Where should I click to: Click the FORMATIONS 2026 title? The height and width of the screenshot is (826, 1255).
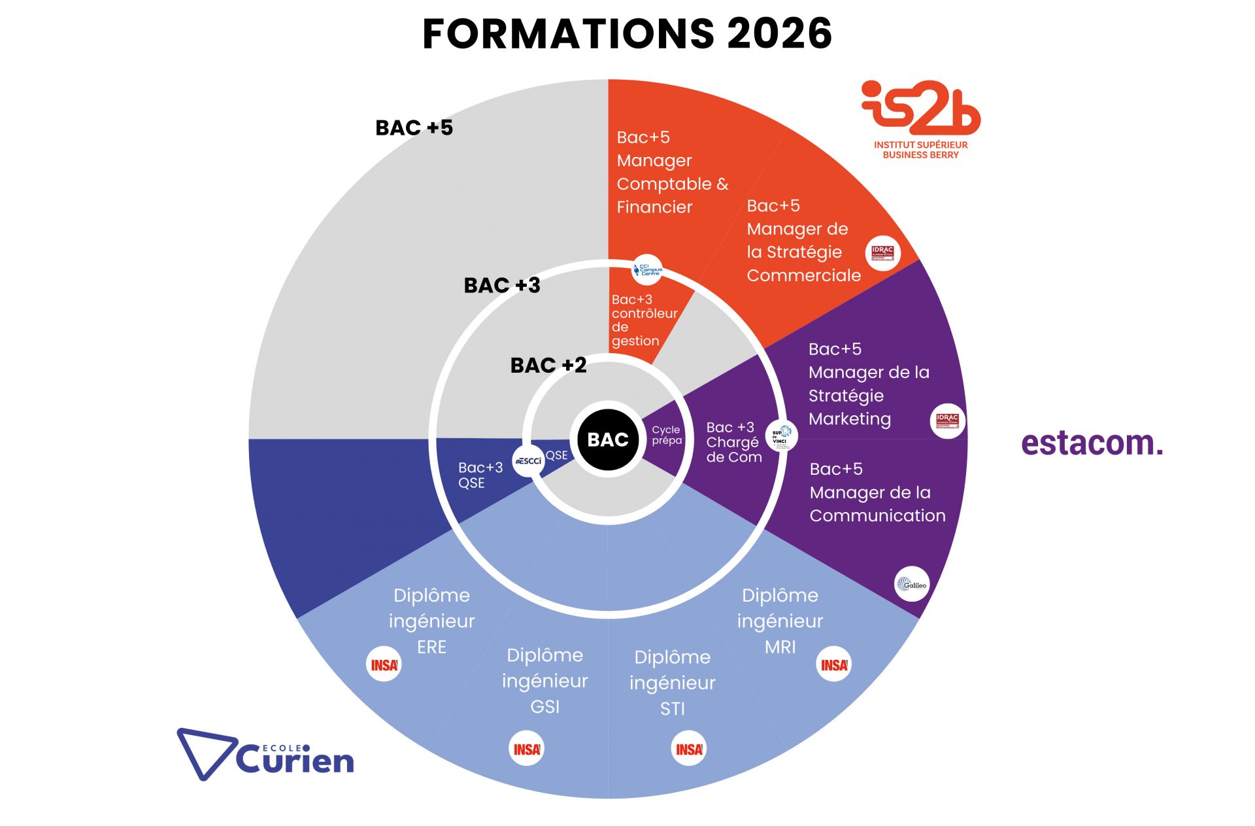[x=627, y=33]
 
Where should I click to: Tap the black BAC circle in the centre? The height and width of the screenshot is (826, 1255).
[x=608, y=439]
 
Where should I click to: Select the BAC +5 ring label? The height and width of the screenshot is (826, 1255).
[x=414, y=128]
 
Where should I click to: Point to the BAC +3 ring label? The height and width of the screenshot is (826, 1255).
[x=502, y=285]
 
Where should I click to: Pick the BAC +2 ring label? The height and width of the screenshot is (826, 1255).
[x=548, y=365]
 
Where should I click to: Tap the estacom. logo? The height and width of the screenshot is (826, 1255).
[x=1092, y=443]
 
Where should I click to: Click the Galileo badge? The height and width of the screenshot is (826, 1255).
[x=911, y=584]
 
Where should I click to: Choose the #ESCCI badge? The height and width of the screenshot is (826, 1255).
[x=528, y=460]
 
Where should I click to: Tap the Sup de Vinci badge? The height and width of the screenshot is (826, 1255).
[x=781, y=436]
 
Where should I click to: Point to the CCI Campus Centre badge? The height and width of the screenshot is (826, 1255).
[x=647, y=269]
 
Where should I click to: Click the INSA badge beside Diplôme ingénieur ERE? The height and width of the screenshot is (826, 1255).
[x=384, y=664]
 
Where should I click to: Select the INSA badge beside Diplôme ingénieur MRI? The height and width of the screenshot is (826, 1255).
[x=834, y=664]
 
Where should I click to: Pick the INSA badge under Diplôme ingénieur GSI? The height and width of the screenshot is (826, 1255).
[x=526, y=749]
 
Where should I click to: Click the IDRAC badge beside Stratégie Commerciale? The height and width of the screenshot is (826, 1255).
[x=882, y=253]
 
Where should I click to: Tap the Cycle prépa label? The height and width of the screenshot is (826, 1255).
[x=666, y=435]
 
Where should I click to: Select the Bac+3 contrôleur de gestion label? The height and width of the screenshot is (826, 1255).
[x=644, y=320]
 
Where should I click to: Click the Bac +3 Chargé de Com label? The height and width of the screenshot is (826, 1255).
[x=733, y=442]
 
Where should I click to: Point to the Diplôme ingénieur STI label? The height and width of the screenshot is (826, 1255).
[x=672, y=682]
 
